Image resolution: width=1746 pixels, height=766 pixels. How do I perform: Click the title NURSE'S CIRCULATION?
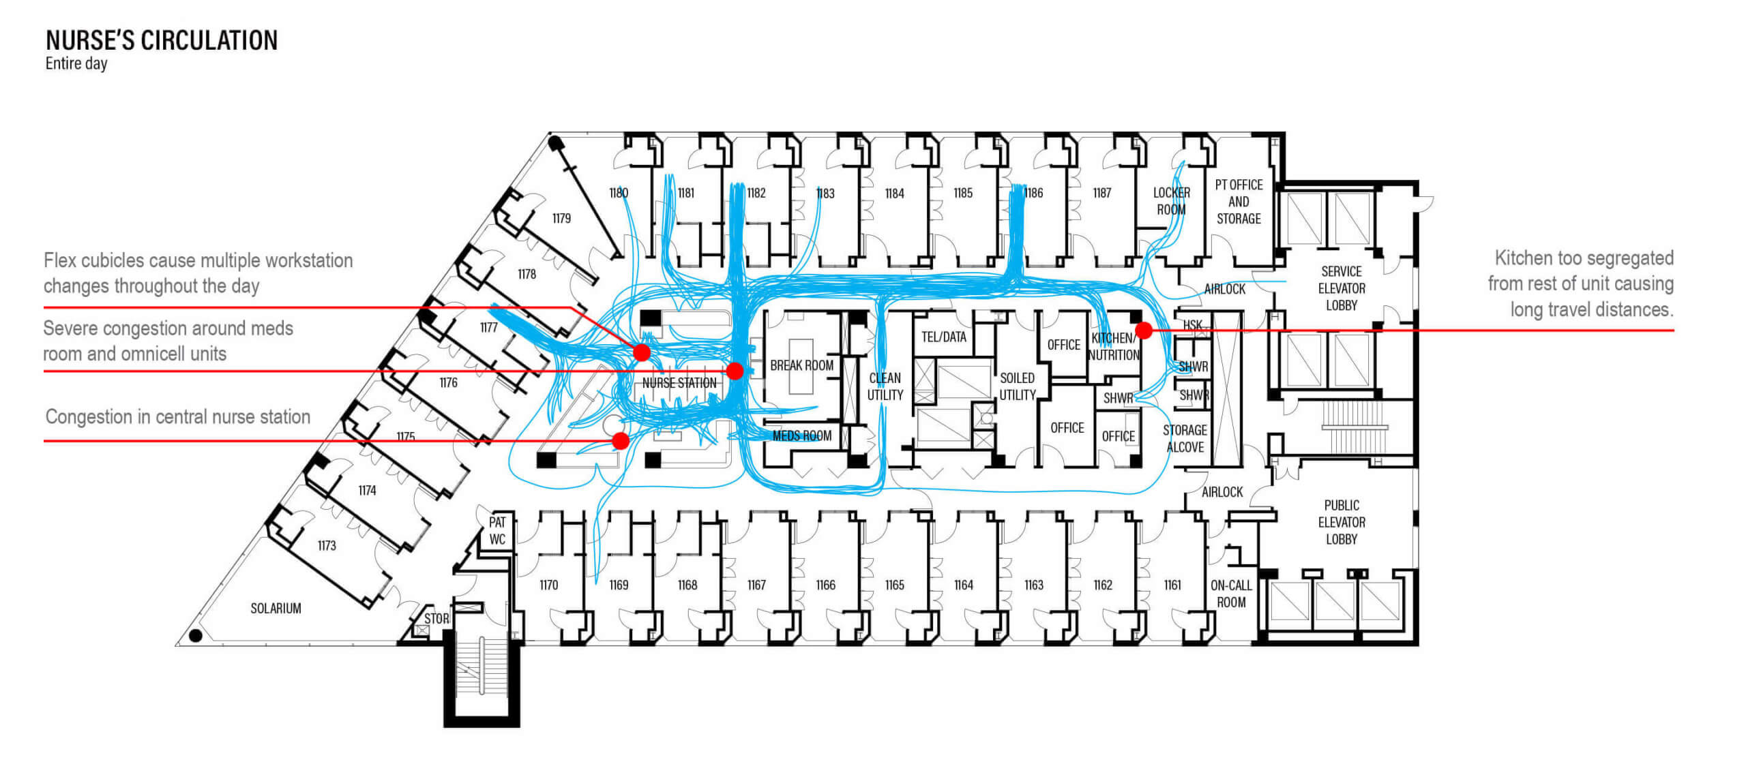(162, 41)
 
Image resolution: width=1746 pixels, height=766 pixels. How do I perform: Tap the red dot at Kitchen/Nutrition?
(1144, 331)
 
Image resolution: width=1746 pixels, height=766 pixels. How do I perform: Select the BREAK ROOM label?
(801, 365)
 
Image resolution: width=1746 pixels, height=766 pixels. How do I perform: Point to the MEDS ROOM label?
(802, 435)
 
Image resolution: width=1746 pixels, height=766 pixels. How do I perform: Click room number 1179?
(561, 219)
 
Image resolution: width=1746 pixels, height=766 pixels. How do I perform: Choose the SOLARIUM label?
(276, 608)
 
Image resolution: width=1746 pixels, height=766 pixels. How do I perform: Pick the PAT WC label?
(497, 531)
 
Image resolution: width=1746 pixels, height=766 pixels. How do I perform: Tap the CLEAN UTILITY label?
(885, 386)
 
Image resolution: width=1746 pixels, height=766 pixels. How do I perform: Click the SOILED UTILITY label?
(1017, 386)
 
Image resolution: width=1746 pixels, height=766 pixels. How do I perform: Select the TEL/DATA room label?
(943, 337)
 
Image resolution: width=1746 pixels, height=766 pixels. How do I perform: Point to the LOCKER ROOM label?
(1171, 201)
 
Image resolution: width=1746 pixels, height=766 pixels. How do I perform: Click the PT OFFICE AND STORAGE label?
(1239, 202)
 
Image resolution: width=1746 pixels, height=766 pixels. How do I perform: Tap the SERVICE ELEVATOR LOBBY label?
(1341, 288)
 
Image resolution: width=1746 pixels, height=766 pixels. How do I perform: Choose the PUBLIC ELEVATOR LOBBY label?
(1341, 522)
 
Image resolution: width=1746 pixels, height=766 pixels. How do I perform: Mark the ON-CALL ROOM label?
(1230, 594)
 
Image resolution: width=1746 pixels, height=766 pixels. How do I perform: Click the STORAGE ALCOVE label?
(1185, 439)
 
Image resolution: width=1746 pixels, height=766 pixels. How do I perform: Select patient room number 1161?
(1172, 585)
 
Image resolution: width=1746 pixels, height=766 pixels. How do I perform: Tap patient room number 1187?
(1101, 194)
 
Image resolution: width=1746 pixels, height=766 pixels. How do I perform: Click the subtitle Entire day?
(76, 64)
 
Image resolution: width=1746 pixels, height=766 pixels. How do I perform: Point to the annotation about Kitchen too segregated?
(1582, 284)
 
